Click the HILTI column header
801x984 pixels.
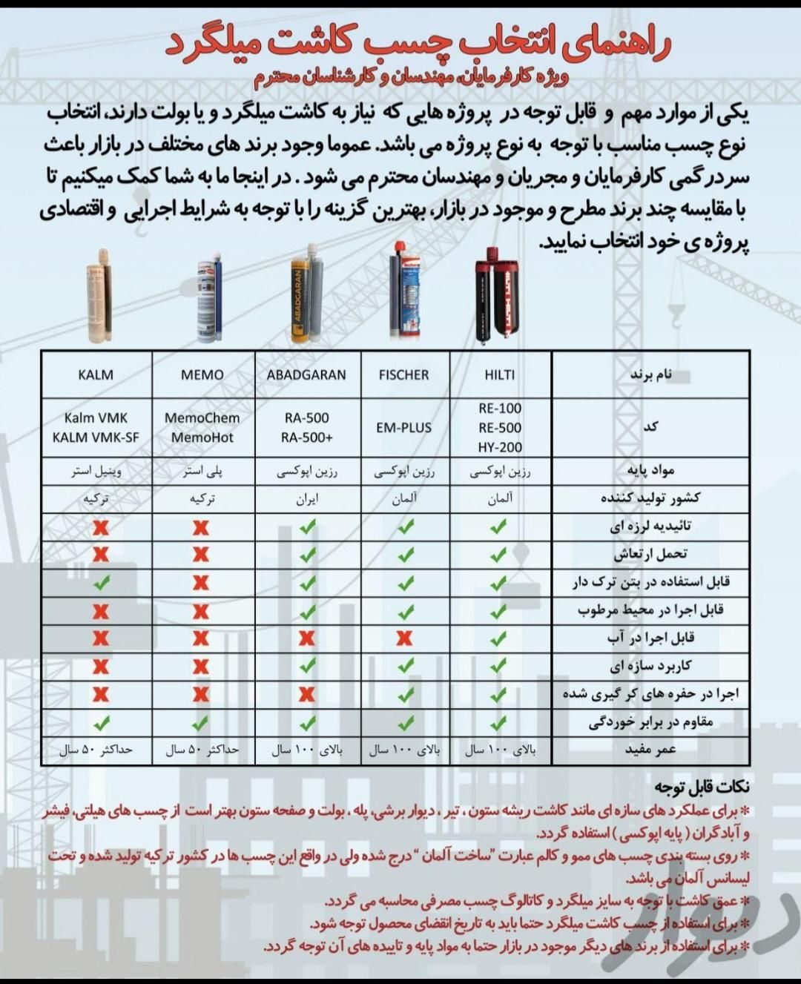pos(499,375)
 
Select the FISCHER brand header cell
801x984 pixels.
pos(403,375)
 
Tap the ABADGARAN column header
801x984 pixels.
pos(306,375)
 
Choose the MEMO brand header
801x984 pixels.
pos(202,375)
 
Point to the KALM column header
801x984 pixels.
pos(96,375)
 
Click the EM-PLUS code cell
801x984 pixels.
pos(403,428)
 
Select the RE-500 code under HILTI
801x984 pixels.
pos(500,428)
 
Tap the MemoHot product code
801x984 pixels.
pos(202,437)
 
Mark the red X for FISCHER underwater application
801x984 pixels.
pos(405,638)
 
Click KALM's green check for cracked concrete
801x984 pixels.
pos(101,583)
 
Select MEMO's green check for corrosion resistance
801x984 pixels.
pos(200,722)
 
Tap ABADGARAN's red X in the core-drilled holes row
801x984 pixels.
pos(307,694)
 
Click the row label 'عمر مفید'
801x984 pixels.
pos(650,750)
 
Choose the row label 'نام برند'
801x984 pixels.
pos(651,374)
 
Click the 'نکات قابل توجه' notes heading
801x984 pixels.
pos(702,787)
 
